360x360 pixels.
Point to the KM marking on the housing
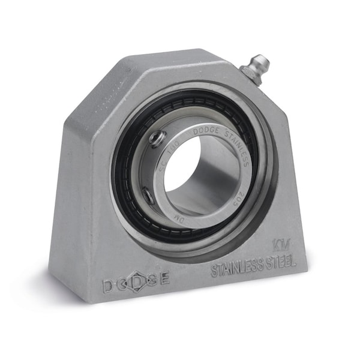tap(278, 244)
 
